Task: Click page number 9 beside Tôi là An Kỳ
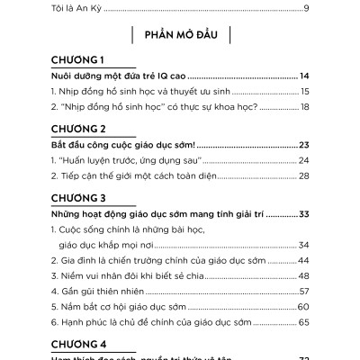point(307,8)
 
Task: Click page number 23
point(303,144)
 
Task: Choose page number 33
point(303,213)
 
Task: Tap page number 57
point(304,291)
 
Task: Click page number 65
point(303,321)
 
